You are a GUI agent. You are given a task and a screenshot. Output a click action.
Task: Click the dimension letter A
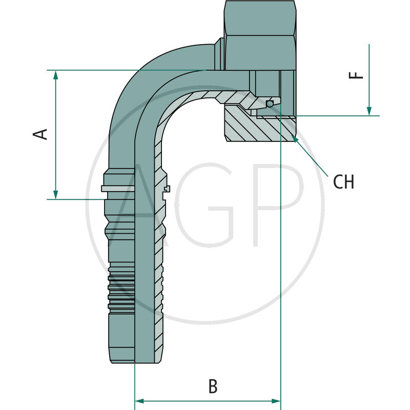point(40,134)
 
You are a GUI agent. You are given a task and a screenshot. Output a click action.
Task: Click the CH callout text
point(343,182)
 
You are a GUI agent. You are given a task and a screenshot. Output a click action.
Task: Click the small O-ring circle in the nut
point(270,104)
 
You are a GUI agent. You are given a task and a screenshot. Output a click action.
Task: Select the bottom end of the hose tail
point(136,361)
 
